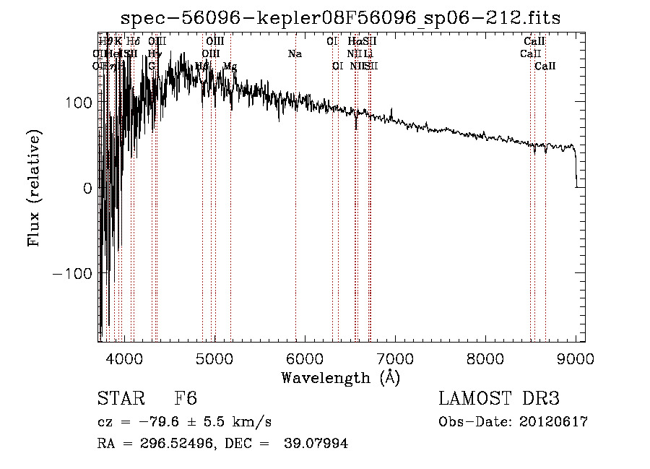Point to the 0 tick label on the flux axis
pos(87,189)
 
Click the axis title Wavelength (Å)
pos(340,377)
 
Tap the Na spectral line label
pos(295,53)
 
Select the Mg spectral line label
pos(229,66)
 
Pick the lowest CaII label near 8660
pos(545,66)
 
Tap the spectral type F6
pos(186,399)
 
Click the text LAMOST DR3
pos(499,399)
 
